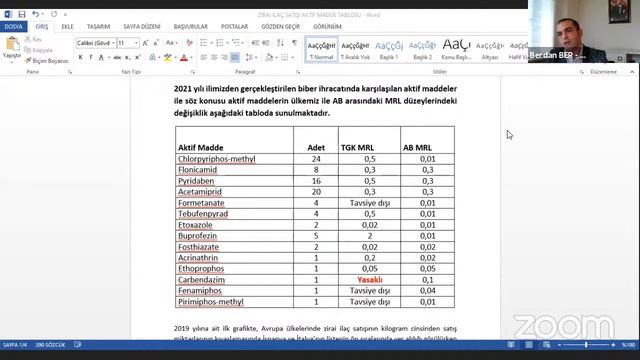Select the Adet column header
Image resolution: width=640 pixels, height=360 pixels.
point(316,147)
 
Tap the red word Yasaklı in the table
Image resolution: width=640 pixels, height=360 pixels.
point(369,280)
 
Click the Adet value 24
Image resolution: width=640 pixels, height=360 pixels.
point(316,159)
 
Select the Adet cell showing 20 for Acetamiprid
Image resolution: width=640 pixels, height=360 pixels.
point(316,190)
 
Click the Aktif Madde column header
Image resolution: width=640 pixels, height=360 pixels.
point(201,147)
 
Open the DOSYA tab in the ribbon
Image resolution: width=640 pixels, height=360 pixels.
point(14,27)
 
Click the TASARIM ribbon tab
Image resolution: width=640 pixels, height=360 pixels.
point(98,27)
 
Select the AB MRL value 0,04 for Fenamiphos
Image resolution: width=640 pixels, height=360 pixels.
point(428,290)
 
